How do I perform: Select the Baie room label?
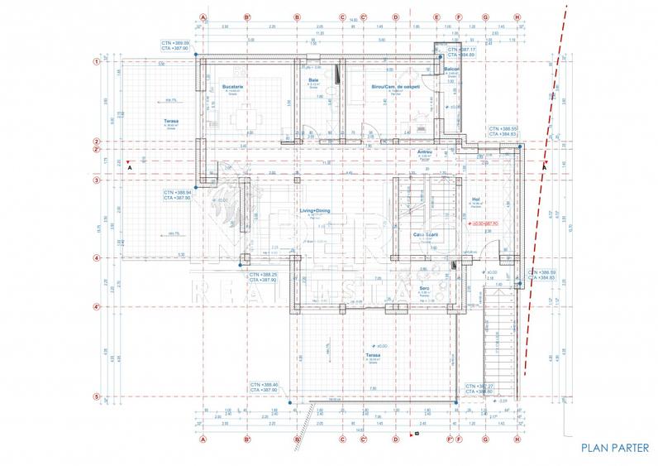(313, 79)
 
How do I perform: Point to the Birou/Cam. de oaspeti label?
(396, 86)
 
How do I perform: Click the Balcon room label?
(451, 69)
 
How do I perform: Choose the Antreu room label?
(425, 151)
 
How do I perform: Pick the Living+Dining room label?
(315, 211)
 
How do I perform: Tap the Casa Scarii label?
(425, 235)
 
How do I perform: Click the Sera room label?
(423, 287)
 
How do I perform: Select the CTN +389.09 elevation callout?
(176, 46)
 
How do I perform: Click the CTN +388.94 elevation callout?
(178, 195)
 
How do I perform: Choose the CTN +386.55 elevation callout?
(503, 132)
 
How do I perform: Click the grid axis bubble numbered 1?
(97, 61)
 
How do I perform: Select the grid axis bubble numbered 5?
(97, 397)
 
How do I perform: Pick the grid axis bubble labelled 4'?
(97, 308)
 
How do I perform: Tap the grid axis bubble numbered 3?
(97, 180)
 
